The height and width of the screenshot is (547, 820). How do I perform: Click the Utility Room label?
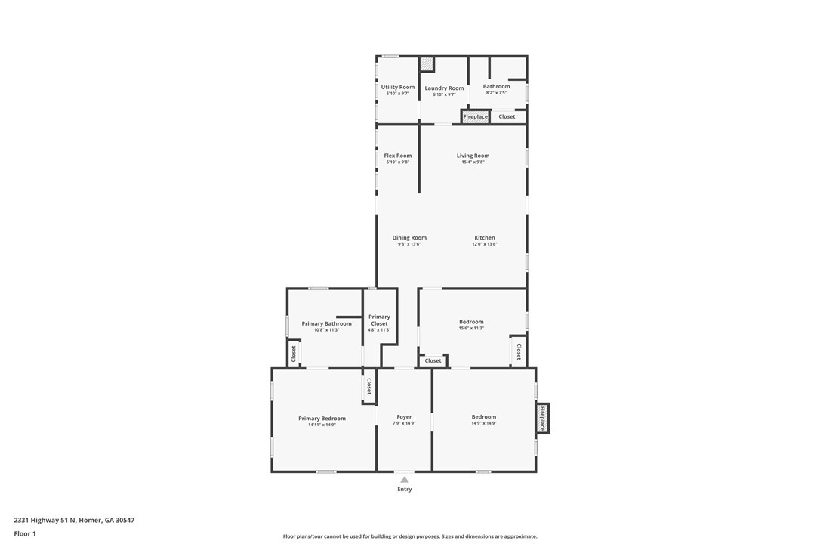point(397,88)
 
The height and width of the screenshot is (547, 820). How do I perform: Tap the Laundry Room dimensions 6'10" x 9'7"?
point(444,94)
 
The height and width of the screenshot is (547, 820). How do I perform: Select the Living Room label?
point(473,156)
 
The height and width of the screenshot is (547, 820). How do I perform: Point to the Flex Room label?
point(397,156)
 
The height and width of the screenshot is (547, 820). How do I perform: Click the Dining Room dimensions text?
point(409,244)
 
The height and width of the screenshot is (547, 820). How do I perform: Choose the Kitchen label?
point(484,238)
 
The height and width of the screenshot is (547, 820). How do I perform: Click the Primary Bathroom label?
point(326,323)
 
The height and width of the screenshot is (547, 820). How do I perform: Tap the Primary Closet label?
point(379,320)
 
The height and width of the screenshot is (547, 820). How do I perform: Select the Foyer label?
point(404,416)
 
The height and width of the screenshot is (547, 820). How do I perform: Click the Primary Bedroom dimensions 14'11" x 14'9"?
point(322,425)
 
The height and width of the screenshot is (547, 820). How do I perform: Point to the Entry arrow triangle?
point(404,480)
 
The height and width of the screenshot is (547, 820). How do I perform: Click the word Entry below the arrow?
point(404,489)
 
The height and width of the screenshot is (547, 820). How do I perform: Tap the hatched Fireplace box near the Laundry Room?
point(476,116)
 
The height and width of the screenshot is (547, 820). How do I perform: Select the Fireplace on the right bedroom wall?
point(542,419)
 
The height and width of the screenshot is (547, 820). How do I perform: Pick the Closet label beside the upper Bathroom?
point(506,116)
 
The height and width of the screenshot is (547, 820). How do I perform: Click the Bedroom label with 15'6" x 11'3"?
point(471,322)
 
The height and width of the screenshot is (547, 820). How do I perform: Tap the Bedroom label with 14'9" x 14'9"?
point(484,416)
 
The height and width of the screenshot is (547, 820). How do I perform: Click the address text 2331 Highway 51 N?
point(45,520)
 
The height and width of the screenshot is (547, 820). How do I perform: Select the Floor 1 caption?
point(25,534)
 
